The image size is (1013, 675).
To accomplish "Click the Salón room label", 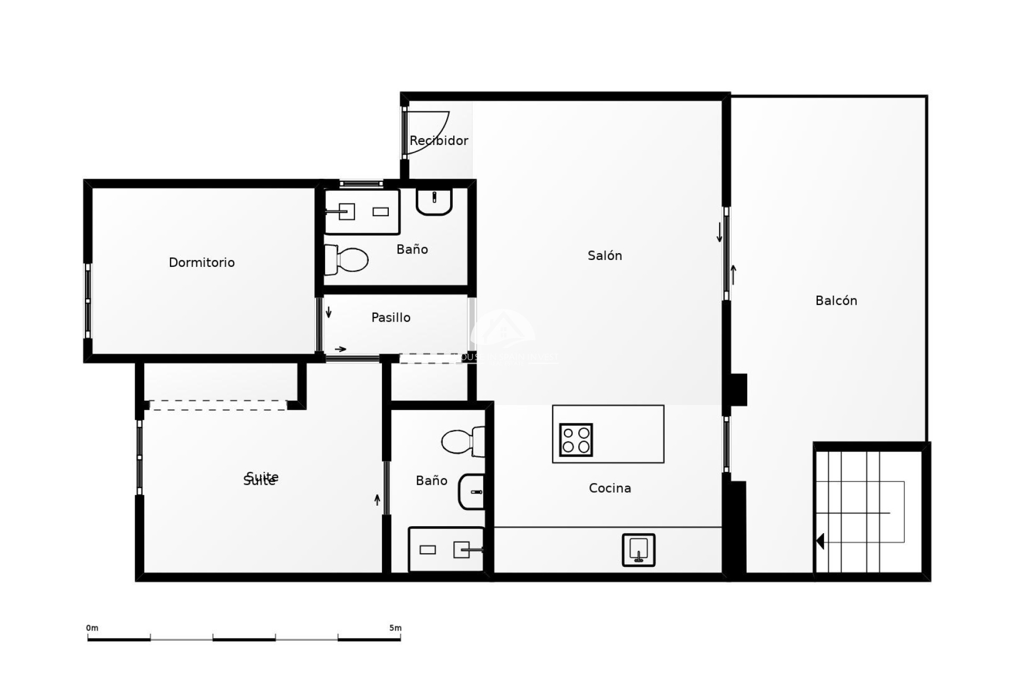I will pyautogui.click(x=605, y=256).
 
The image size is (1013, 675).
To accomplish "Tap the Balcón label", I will pyautogui.click(x=836, y=301).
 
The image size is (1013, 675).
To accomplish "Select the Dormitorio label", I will pyautogui.click(x=202, y=263).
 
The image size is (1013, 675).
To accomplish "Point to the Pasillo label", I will pyautogui.click(x=390, y=317).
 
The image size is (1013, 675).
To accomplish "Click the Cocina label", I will pyautogui.click(x=609, y=488).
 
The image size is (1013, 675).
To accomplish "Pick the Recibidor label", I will pyautogui.click(x=438, y=141).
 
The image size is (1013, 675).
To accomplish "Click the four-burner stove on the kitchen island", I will pyautogui.click(x=576, y=440).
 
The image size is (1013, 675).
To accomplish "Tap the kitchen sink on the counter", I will pyautogui.click(x=638, y=550).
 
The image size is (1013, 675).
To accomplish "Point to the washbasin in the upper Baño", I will pyautogui.click(x=434, y=201).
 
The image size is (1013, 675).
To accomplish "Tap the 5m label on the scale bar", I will pyautogui.click(x=395, y=628).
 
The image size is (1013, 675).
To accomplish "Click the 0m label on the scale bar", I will pyautogui.click(x=92, y=628).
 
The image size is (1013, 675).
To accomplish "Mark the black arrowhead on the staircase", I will pyautogui.click(x=820, y=541).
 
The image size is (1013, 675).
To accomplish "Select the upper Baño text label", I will pyautogui.click(x=412, y=249).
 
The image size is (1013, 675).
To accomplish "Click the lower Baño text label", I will pyautogui.click(x=431, y=480).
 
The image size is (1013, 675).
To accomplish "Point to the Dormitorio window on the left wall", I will pyautogui.click(x=88, y=301).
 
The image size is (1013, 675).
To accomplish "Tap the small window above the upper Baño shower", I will pyautogui.click(x=361, y=184).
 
